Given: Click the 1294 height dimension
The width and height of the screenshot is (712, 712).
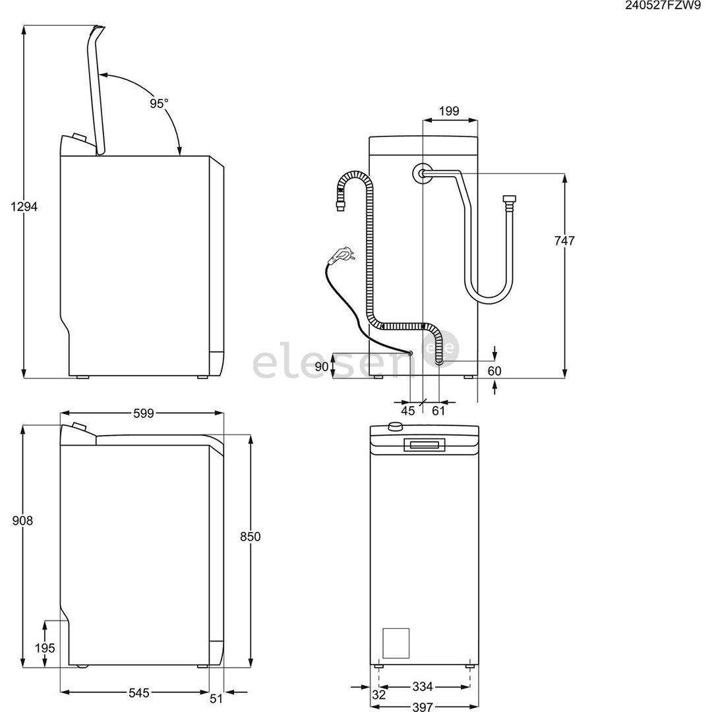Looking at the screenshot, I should [24, 206].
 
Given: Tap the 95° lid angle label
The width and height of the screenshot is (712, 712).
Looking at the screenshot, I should [158, 104].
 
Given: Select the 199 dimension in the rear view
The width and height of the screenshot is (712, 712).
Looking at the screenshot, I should [449, 111].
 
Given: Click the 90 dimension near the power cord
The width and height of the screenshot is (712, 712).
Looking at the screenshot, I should [322, 367].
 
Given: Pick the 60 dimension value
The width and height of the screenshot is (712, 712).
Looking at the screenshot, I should [494, 371].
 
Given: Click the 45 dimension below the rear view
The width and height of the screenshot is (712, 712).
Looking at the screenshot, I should [408, 411].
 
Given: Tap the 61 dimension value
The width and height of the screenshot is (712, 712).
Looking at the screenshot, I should [438, 411].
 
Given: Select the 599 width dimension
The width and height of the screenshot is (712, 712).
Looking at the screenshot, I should [143, 413].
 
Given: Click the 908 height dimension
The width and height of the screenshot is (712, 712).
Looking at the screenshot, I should [22, 521].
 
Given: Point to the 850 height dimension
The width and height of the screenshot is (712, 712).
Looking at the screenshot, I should [250, 537].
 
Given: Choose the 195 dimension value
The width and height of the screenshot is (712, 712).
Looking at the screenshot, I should [45, 648].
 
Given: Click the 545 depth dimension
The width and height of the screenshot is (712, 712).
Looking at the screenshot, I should [138, 693].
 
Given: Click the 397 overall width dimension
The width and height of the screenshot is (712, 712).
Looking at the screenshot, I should [423, 707].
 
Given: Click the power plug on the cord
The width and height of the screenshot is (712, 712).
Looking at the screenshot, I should [342, 253].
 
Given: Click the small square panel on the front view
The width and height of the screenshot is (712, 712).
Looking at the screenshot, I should [396, 641].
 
